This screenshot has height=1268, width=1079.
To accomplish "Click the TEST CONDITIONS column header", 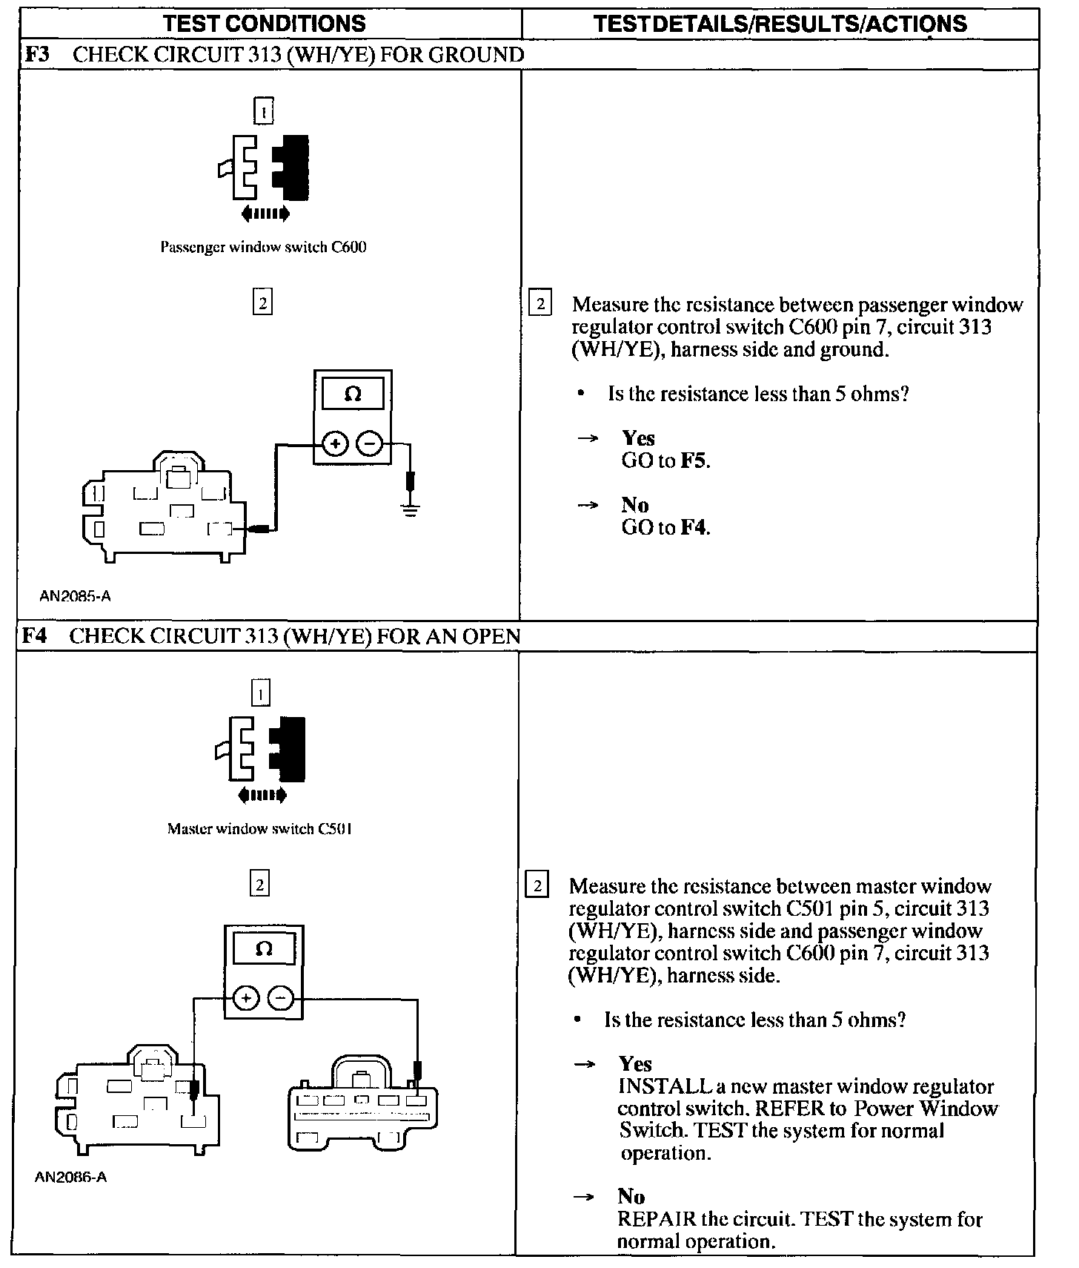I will click(265, 23).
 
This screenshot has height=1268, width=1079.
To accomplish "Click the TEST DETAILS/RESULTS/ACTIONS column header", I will click(780, 24).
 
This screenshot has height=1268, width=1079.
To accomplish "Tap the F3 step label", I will click(36, 55).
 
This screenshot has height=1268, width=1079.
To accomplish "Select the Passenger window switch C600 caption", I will click(263, 247).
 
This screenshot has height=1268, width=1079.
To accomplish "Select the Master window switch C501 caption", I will click(259, 829).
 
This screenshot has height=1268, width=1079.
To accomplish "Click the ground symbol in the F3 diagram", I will click(411, 509).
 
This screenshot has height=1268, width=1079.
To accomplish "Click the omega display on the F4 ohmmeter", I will click(264, 949).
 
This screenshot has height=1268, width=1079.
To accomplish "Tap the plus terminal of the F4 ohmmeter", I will click(245, 999).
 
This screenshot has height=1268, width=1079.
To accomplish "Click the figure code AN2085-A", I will click(76, 596).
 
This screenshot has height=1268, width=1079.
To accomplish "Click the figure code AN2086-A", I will click(71, 1178).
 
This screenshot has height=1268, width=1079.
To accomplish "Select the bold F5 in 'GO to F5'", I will click(694, 460).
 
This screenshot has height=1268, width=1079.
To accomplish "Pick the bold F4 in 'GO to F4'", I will click(694, 527).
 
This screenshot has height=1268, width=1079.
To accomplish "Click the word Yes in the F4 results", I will click(635, 1064).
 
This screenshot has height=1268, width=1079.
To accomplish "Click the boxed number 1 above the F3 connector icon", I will click(263, 111).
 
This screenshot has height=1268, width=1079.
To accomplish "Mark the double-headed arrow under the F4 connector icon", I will click(263, 796).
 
